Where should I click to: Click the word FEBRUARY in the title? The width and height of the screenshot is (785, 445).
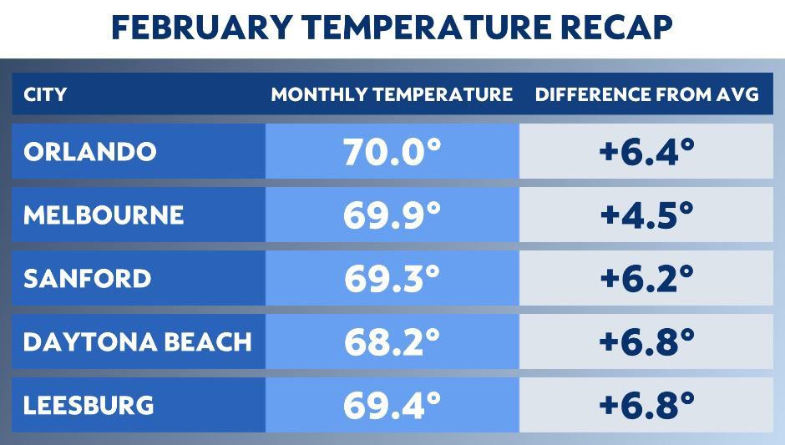coord(202,27)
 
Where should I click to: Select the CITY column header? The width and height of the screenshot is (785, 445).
coord(45,94)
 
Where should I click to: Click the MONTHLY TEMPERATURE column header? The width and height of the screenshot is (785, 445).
coord(392,94)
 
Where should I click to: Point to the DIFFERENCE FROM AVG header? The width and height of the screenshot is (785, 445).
coord(647,94)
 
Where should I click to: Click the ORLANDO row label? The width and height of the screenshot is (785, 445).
coord(90,151)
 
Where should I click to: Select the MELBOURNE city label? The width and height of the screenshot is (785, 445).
coord(104,215)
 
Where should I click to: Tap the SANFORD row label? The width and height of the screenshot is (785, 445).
coord(87,278)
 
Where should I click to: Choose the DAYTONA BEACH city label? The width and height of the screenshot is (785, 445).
coord(137,341)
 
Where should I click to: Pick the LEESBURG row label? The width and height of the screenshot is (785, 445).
coord(89,405)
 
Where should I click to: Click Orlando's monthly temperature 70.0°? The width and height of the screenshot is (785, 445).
coord(392,151)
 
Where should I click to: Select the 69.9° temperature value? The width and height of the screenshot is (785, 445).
coord(392,215)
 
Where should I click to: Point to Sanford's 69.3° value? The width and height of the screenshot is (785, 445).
coord(392,278)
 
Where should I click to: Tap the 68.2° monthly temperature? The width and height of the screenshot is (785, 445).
coord(392,341)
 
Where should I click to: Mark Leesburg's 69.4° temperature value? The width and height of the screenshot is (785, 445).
coord(392,405)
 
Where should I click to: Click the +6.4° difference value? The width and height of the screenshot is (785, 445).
coord(647,151)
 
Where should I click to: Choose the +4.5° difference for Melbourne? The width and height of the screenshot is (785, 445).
coord(647,215)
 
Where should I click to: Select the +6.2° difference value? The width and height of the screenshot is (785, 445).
coord(647,278)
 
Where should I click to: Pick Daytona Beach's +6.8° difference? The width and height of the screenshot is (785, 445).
coord(647,341)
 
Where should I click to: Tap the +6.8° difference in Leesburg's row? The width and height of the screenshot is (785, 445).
coord(647,405)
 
